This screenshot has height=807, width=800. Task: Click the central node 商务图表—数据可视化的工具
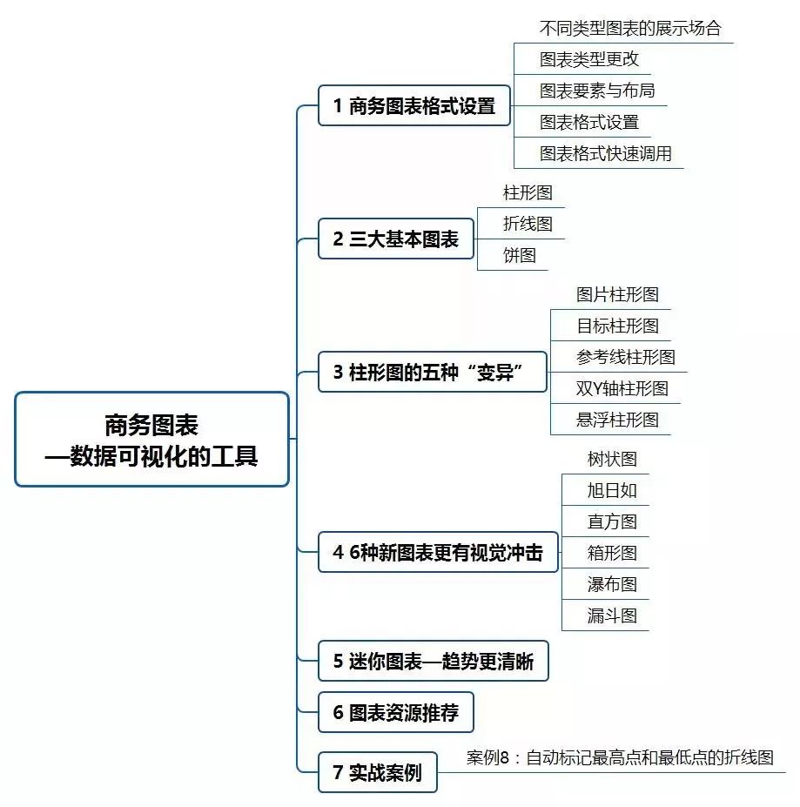(x=151, y=440)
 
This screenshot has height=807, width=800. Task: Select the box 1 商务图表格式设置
(x=413, y=106)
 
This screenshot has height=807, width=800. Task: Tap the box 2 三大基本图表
(x=395, y=239)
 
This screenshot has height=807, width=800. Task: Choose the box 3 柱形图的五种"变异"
(x=432, y=373)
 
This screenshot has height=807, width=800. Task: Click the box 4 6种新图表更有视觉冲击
(x=437, y=552)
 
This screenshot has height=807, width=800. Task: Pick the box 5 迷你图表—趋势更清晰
(x=433, y=662)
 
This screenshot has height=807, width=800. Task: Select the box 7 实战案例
(x=377, y=772)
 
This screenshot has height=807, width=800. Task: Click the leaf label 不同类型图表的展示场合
(x=630, y=28)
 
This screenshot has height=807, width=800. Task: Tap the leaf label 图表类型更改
(x=588, y=59)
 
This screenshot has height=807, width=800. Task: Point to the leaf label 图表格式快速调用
(x=605, y=154)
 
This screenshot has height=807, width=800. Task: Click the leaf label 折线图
(x=528, y=224)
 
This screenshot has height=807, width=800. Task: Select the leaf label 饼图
(x=519, y=255)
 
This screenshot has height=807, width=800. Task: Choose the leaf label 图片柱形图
(x=617, y=294)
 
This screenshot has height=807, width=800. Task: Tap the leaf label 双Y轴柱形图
(x=622, y=388)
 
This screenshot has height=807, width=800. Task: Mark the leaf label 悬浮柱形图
(x=617, y=420)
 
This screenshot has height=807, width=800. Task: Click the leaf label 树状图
(x=612, y=459)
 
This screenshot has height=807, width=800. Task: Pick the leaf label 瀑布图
(x=612, y=584)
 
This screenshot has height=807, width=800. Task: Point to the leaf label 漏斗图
(x=612, y=615)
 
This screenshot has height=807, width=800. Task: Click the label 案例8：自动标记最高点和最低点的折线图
(x=620, y=757)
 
